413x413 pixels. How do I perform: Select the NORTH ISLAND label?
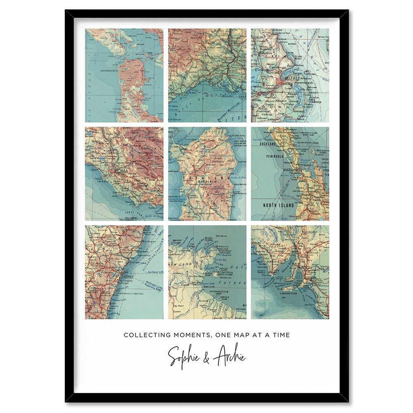point(279,205)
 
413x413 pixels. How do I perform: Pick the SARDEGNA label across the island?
point(206,177)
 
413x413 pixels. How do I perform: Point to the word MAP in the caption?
point(242,335)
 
